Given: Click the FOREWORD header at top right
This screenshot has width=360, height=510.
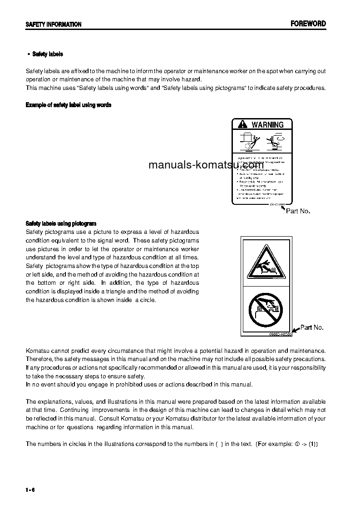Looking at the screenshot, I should pyautogui.click(x=308, y=24).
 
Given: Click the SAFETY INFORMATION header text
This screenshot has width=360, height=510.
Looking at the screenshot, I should pyautogui.click(x=54, y=25).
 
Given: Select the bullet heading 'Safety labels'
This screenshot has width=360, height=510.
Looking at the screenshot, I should pyautogui.click(x=48, y=54).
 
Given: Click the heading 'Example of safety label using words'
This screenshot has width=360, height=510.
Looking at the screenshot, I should pyautogui.click(x=69, y=105).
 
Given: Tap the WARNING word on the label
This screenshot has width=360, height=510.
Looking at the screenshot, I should pyautogui.click(x=267, y=124).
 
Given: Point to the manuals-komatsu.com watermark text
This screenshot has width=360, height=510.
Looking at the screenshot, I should pyautogui.click(x=206, y=165).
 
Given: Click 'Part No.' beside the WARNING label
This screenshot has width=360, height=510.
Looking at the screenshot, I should pyautogui.click(x=298, y=211).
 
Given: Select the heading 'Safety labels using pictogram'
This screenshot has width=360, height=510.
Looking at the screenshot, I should pyautogui.click(x=61, y=223).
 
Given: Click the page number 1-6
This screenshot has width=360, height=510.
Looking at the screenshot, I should pyautogui.click(x=30, y=490).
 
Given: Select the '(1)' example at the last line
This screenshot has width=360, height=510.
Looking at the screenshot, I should pyautogui.click(x=313, y=444).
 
